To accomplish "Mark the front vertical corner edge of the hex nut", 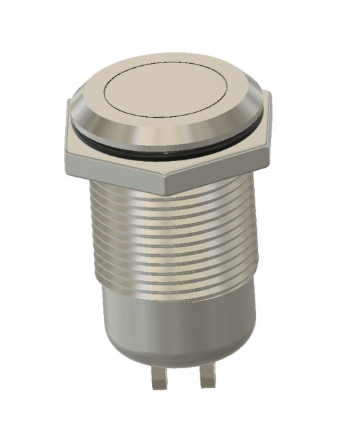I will tap(166, 183).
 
